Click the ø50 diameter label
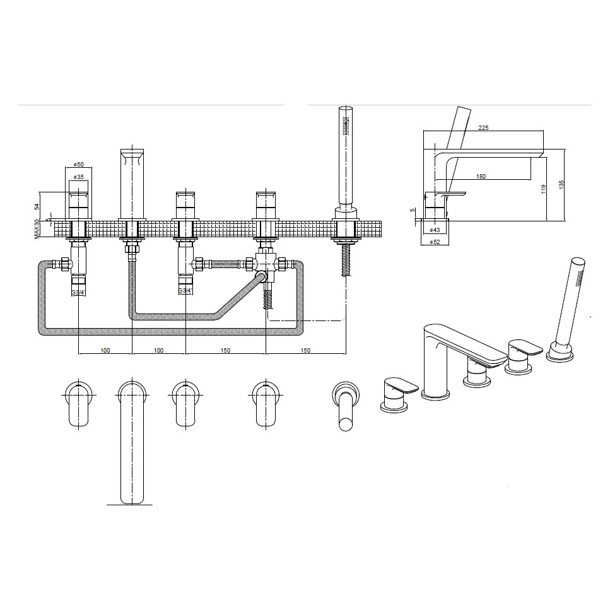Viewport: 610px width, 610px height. [x=78, y=164]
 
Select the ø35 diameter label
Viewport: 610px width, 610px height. [x=78, y=177]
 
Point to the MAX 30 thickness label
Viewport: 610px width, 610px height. [x=38, y=228]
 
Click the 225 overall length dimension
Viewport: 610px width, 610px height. [x=483, y=127]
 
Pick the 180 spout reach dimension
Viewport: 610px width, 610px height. [x=481, y=177]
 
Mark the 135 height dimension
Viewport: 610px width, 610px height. [x=561, y=184]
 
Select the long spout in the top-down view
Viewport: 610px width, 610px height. [x=133, y=442]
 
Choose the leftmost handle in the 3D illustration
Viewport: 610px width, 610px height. [x=398, y=394]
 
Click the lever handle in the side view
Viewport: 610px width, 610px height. [x=450, y=194]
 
